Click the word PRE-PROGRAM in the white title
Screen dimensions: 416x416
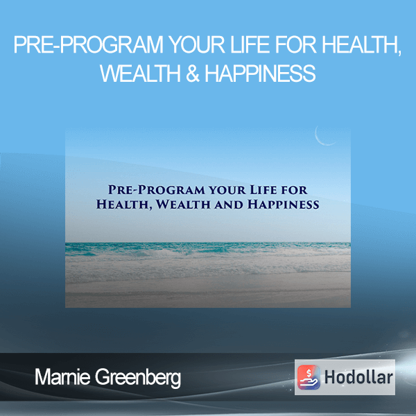89,45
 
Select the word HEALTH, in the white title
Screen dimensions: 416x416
361,46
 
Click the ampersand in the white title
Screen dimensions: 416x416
193,73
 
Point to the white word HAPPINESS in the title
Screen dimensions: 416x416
260,73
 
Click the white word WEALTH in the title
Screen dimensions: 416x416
141,73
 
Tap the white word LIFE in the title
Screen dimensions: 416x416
251,45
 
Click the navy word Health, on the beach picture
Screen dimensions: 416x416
124,205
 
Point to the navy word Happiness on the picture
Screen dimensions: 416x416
284,205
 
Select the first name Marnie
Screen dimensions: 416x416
62,377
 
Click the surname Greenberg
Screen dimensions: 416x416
138,379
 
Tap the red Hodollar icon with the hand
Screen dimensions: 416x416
309,377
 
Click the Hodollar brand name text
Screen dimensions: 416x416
358,377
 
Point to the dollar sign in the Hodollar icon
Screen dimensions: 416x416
309,373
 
